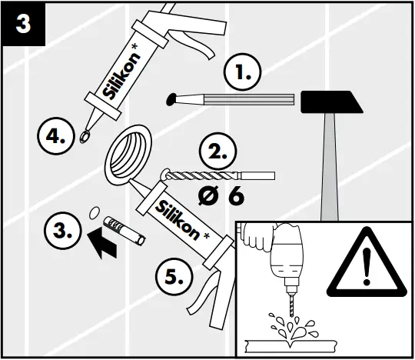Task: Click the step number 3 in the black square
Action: pyautogui.click(x=24, y=22)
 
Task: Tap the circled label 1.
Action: pyautogui.click(x=242, y=75)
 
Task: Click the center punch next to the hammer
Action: pyautogui.click(x=231, y=98)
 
